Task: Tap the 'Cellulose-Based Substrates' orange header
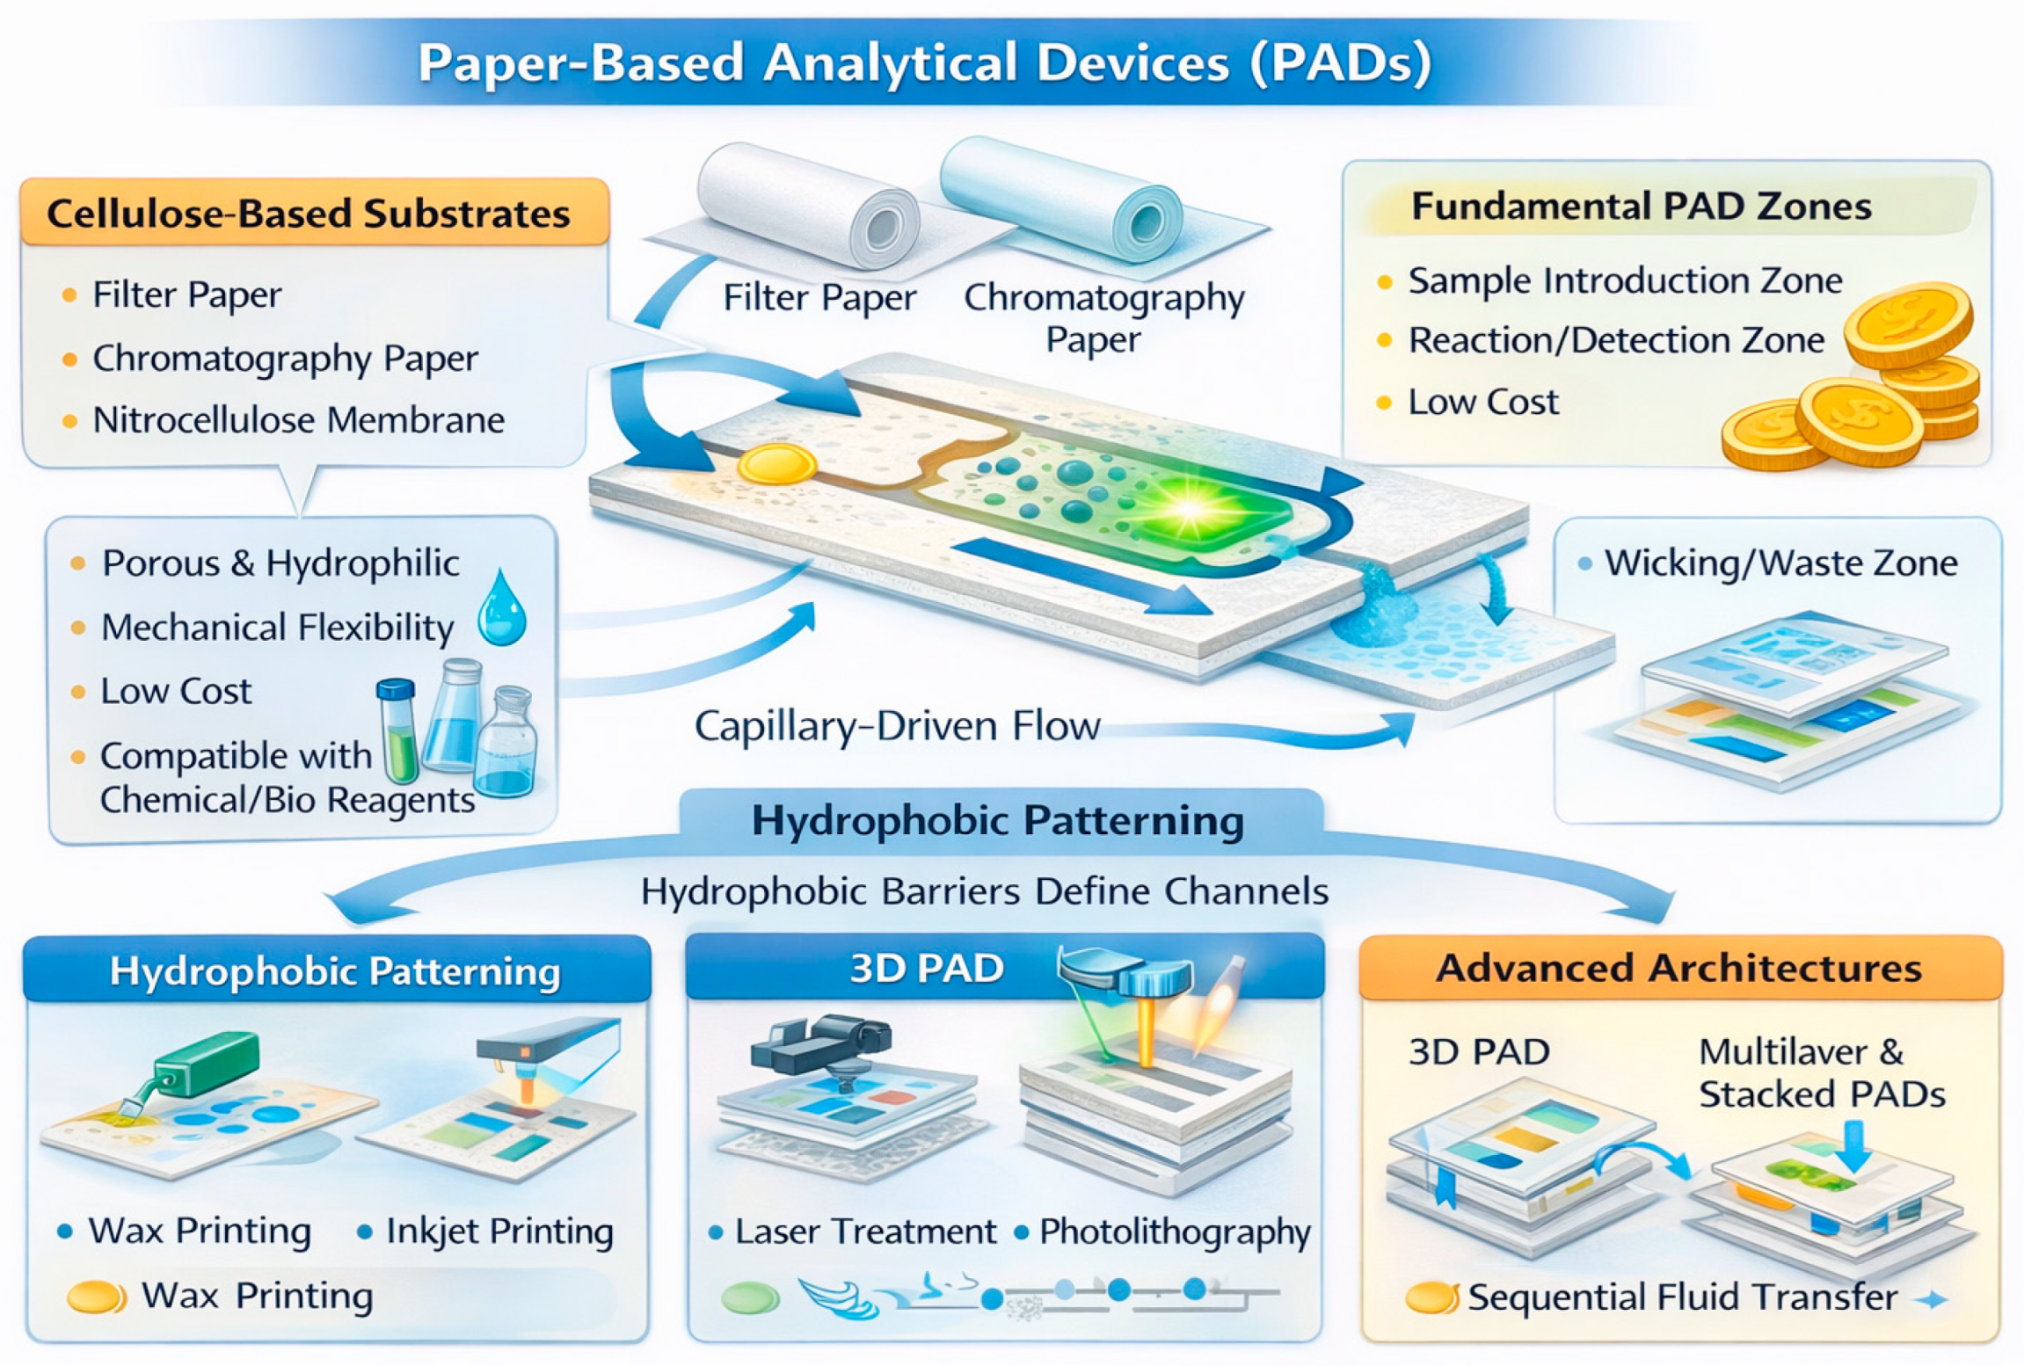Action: (x=308, y=214)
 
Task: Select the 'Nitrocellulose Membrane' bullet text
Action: (x=299, y=420)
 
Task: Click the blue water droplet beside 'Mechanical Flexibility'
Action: (x=502, y=608)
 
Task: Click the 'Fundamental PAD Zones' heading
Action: (x=1641, y=207)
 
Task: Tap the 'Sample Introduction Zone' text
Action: (x=1625, y=281)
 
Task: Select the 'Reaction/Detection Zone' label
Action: (x=1616, y=341)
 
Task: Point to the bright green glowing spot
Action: (x=1189, y=508)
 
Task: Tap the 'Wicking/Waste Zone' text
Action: (x=1780, y=563)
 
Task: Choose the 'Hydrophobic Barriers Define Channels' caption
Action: (x=984, y=891)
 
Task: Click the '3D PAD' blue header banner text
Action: (x=927, y=968)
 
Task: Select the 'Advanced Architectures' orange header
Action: (x=1678, y=968)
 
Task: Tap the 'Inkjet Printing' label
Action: (x=499, y=1232)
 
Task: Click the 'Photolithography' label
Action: (x=1175, y=1232)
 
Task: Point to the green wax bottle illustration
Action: (x=206, y=1064)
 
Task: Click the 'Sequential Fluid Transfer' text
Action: (x=1682, y=1297)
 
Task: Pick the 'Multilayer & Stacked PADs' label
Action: (x=1821, y=1073)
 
